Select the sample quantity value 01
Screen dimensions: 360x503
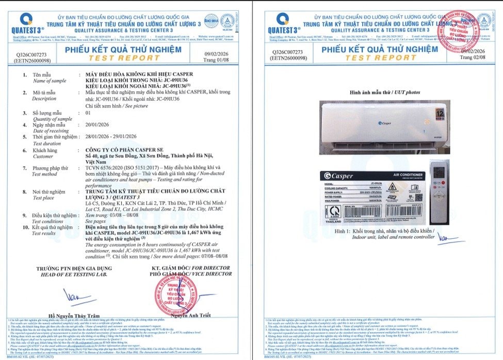click(x=88, y=112)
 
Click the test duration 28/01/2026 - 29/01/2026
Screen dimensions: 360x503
click(x=110, y=136)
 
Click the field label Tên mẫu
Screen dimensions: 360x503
click(x=43, y=75)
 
